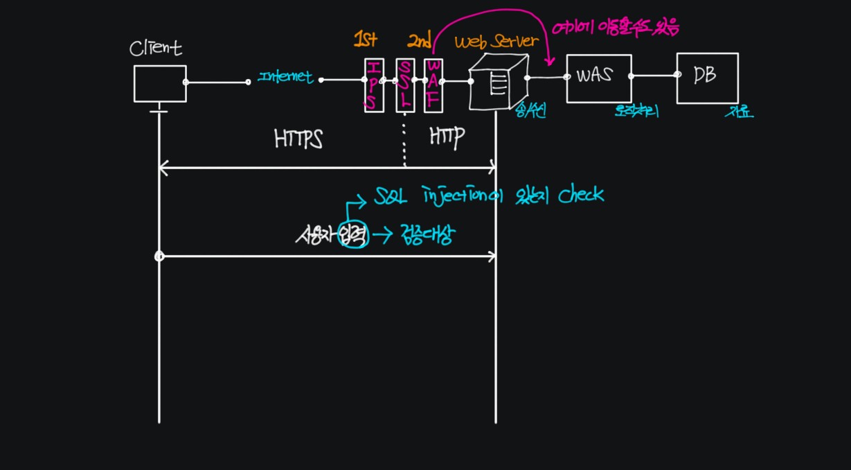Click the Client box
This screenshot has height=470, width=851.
pos(160,83)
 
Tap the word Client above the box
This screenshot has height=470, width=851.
pos(156,48)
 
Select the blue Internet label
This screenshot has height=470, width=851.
pos(285,78)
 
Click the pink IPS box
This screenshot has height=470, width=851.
pos(374,85)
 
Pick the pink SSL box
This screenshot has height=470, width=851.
pos(405,85)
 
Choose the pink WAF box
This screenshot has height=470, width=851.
pos(433,85)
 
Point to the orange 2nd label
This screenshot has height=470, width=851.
pos(419,42)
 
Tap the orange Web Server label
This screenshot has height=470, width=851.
pos(496,42)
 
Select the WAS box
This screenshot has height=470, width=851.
pos(598,78)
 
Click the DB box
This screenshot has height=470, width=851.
pos(707,78)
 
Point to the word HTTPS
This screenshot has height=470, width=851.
pos(299,139)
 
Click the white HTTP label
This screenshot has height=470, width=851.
pos(447,137)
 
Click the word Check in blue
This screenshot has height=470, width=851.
pos(581,195)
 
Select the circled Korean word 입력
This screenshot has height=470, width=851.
pos(354,236)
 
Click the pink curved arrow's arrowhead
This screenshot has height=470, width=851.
pos(549,62)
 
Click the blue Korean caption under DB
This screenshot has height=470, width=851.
pos(739,112)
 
